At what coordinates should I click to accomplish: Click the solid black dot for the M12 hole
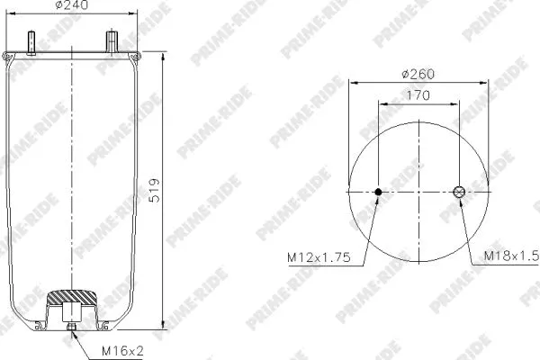coord(378,193)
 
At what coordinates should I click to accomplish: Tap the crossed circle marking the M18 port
coord(459,193)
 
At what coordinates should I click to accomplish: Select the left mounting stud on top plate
coord(32,42)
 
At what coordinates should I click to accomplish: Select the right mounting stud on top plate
coord(112,41)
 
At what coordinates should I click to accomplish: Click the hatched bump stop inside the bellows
coord(70,296)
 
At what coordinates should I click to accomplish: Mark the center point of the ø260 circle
coord(418,193)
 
